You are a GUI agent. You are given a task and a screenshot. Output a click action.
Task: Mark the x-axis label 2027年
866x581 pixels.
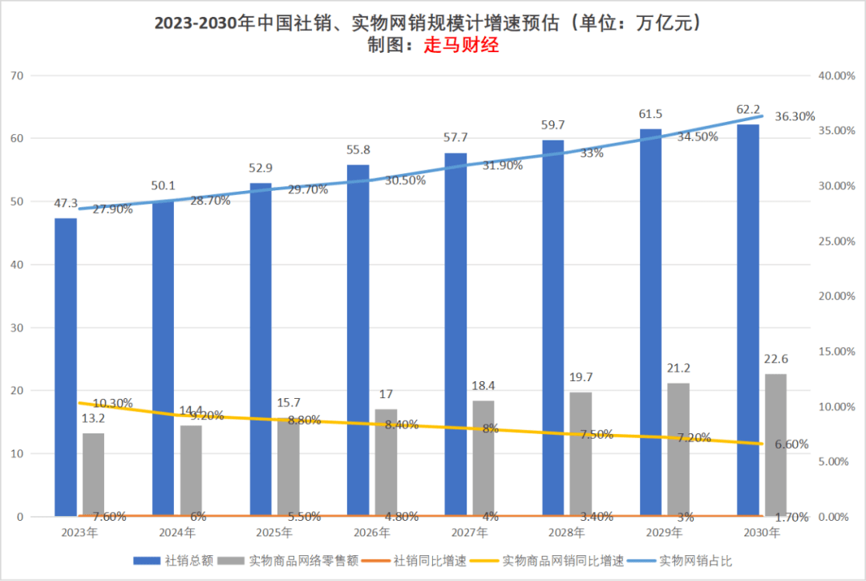[469, 533]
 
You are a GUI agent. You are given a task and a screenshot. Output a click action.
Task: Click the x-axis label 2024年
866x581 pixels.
[176, 533]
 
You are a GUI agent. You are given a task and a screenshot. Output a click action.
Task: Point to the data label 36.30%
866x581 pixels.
[795, 116]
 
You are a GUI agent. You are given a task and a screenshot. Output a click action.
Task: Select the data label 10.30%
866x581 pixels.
[112, 403]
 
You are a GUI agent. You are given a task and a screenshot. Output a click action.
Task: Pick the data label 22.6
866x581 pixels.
[775, 360]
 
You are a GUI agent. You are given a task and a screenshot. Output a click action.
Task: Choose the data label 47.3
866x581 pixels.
[66, 204]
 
